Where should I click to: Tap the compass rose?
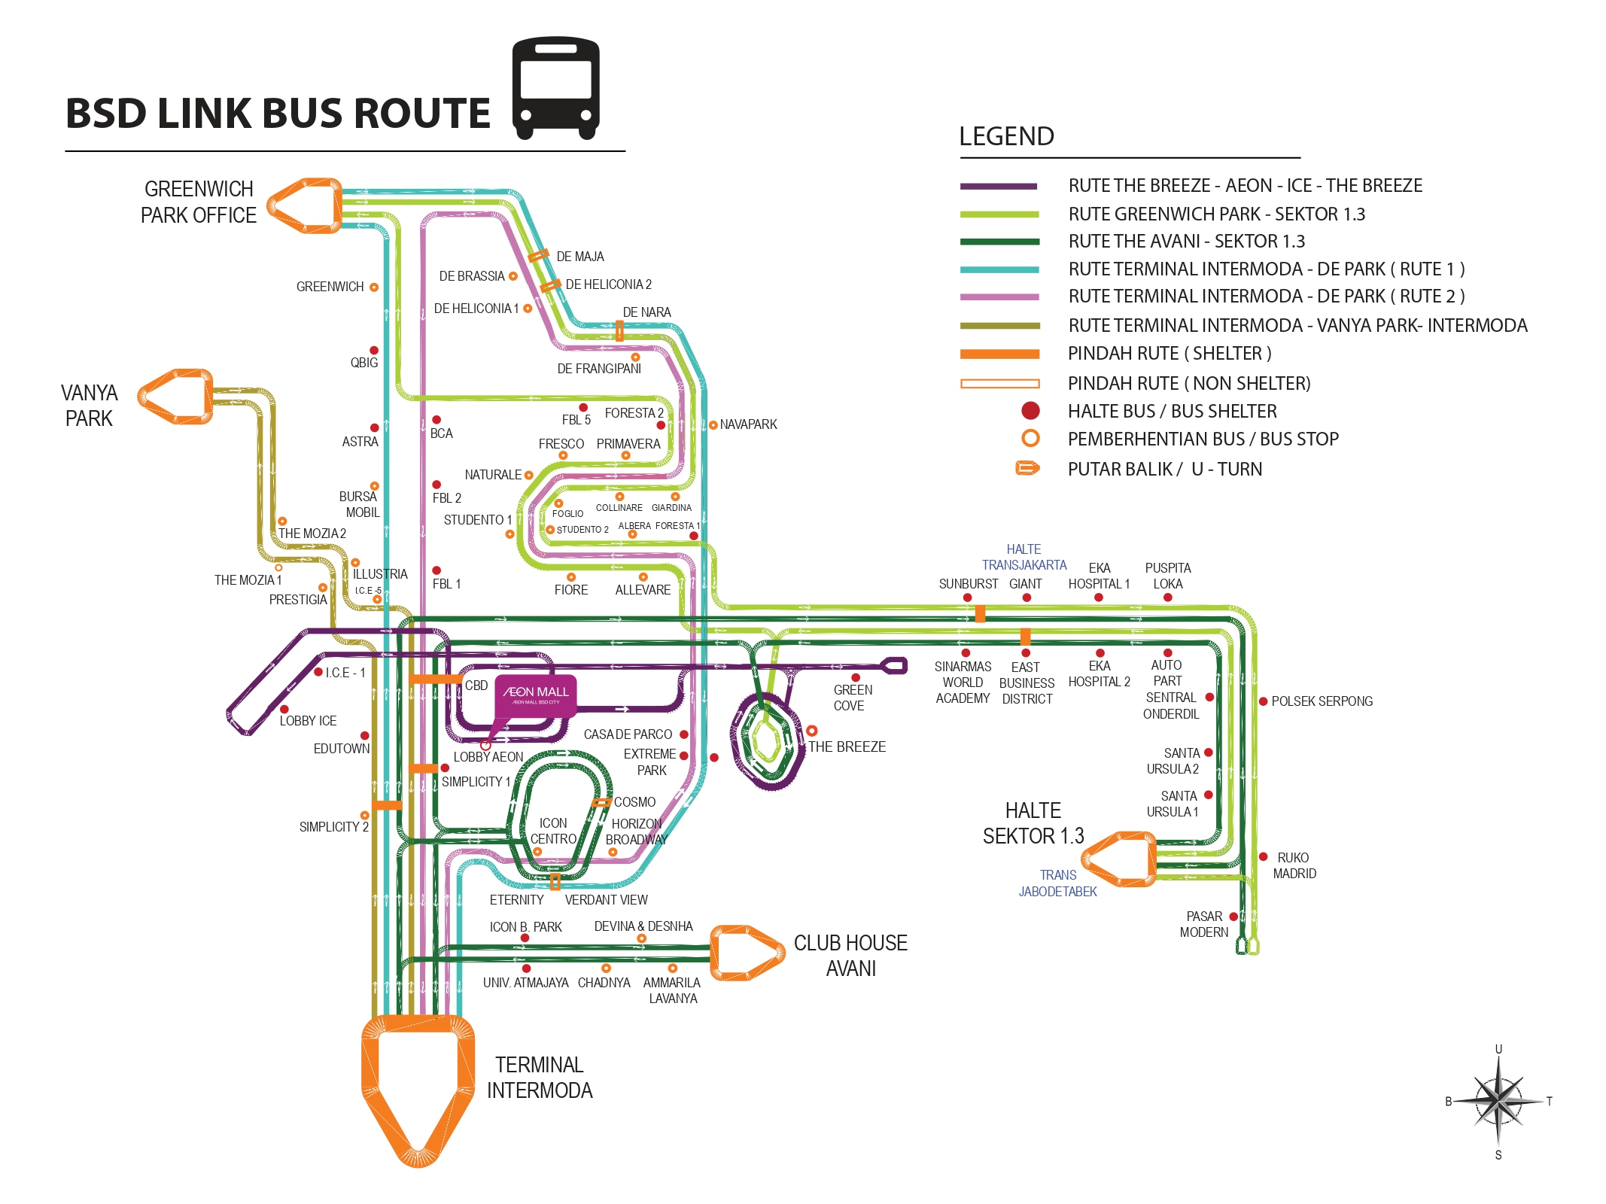pos(1498,1101)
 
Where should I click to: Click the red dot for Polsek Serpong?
pos(1264,701)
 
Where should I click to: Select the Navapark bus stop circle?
pos(713,425)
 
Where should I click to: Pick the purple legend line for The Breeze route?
pos(999,186)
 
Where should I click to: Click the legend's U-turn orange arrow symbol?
pos(1027,469)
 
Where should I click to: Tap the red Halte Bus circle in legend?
pos(1030,411)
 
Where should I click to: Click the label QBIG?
pos(364,363)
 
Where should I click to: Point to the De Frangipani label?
pos(599,369)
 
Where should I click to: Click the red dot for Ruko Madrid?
pos(1264,857)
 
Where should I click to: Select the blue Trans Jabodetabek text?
pos(1057,883)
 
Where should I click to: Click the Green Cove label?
pos(852,698)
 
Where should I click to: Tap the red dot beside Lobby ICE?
pos(284,709)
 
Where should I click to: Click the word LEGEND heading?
pos(1006,136)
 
